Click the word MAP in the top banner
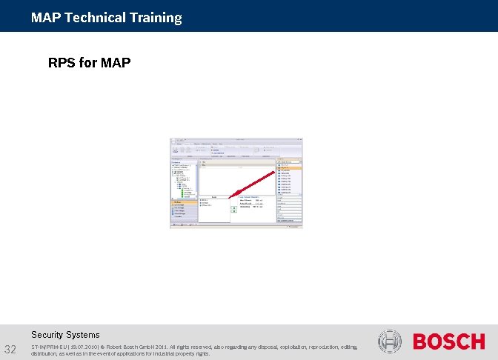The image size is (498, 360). pos(46,18)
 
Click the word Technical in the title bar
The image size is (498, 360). pos(93,18)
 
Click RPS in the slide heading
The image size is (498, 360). pos(62,63)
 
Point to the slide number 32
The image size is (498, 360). pos(11,349)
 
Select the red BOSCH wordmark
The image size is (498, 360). pos(448,342)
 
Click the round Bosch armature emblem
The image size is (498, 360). pos(390,342)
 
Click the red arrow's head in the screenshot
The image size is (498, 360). pos(231,196)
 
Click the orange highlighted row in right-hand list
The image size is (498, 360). pos(288,168)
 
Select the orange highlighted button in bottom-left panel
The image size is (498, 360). pos(184,201)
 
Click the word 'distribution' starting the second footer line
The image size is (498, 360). pos(47,354)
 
